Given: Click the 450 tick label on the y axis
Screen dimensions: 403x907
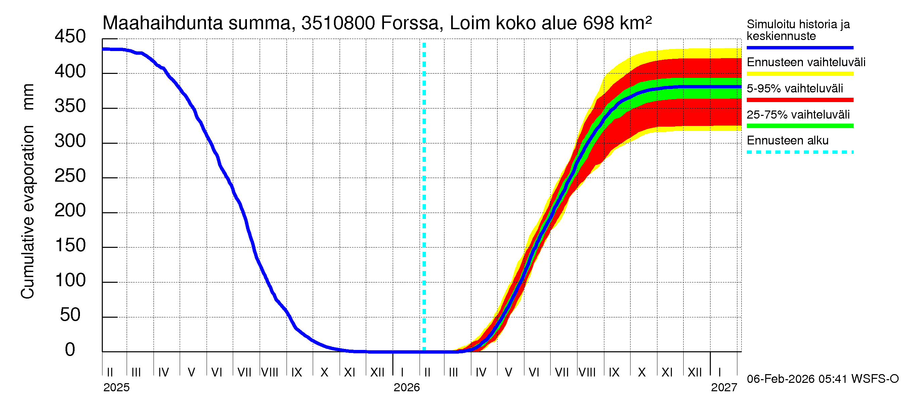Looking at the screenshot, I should coord(70,37).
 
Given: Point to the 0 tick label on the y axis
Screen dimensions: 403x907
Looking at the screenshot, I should coord(70,350).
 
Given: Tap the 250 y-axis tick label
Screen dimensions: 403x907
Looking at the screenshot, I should coord(70,176).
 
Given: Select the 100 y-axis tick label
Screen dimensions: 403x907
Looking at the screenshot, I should coord(70,280).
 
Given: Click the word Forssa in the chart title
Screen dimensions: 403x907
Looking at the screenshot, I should coord(410,23).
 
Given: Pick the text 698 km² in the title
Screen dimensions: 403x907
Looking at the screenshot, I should coord(617,23).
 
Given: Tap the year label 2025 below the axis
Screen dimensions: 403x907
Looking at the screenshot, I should coord(116,388).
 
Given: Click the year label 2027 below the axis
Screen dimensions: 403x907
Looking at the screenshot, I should coord(724,388).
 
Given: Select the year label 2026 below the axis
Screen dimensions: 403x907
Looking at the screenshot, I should coord(406,388).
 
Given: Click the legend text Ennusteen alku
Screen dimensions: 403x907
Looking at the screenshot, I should coord(787,140).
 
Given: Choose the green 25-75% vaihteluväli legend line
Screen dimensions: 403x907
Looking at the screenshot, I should coord(800,126).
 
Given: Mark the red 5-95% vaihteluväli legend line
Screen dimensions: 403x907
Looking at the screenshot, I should coord(800,100).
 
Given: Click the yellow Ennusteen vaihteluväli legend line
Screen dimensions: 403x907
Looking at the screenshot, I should coord(800,74).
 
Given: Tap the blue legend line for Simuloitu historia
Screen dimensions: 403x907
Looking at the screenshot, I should coord(800,47).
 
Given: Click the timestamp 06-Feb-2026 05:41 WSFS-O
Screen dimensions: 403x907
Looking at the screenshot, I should coord(822,379).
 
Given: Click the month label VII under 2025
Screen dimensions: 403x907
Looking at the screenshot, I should coord(244,372).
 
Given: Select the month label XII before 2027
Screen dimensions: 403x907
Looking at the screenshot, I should coord(694,372).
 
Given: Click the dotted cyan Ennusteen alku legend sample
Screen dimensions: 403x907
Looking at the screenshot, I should coord(800,152).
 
